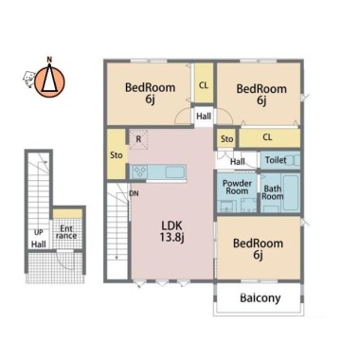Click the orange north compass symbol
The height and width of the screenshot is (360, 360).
point(49,81)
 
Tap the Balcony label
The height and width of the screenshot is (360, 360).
point(261,297)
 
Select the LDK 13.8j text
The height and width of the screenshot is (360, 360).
point(172,231)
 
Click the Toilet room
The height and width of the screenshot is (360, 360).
point(279,160)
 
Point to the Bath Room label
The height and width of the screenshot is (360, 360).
point(273,192)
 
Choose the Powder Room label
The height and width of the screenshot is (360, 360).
point(237,187)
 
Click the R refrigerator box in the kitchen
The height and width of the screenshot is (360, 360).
point(138,139)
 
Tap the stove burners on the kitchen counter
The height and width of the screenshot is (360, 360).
point(140,172)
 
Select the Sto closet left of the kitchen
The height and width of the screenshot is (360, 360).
point(117,154)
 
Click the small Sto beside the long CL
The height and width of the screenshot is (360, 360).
point(226,138)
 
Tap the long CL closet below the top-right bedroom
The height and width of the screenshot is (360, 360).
point(269,137)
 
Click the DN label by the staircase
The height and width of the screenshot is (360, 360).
point(134,193)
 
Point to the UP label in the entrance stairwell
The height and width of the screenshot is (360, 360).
point(39,232)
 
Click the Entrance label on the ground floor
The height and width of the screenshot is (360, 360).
point(66,232)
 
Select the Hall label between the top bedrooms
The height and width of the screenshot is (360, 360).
point(204,117)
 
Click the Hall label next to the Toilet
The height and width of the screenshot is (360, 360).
point(238,162)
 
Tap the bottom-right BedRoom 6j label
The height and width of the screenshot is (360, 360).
point(258,249)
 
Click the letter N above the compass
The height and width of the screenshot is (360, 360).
point(49,59)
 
